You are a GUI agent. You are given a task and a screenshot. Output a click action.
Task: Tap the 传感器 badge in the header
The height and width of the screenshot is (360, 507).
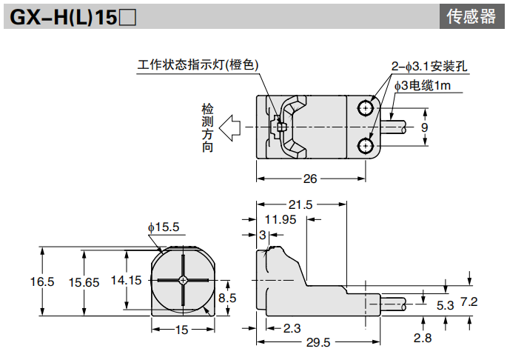[471, 17]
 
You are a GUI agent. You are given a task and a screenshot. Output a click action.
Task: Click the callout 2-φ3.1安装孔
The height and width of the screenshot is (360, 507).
[429, 66]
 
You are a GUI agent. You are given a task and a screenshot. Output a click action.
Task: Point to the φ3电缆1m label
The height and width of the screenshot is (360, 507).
[422, 86]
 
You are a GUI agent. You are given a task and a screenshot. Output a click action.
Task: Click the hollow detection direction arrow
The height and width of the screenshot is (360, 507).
[232, 127]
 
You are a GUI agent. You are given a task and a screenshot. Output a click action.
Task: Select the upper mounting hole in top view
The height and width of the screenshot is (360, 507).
[366, 109]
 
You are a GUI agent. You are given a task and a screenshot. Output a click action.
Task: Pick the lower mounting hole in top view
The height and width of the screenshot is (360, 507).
[366, 144]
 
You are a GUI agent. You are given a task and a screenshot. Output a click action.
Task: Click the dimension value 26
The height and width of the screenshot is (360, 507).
[310, 179]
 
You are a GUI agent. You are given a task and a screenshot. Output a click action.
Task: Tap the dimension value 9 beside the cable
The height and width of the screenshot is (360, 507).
[424, 127]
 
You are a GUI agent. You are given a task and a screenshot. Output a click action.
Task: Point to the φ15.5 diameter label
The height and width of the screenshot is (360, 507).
[164, 227]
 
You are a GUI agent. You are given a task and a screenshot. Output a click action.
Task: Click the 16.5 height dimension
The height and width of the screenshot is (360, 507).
[42, 281]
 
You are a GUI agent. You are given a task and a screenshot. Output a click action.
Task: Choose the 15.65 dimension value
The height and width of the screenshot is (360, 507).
[84, 281]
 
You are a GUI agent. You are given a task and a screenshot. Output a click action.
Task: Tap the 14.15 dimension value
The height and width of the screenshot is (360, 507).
[126, 280]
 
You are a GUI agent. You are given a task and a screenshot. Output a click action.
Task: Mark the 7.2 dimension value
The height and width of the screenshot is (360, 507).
[469, 301]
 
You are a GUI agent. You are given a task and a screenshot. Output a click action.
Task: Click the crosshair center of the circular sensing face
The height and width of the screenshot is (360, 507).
[182, 280]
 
